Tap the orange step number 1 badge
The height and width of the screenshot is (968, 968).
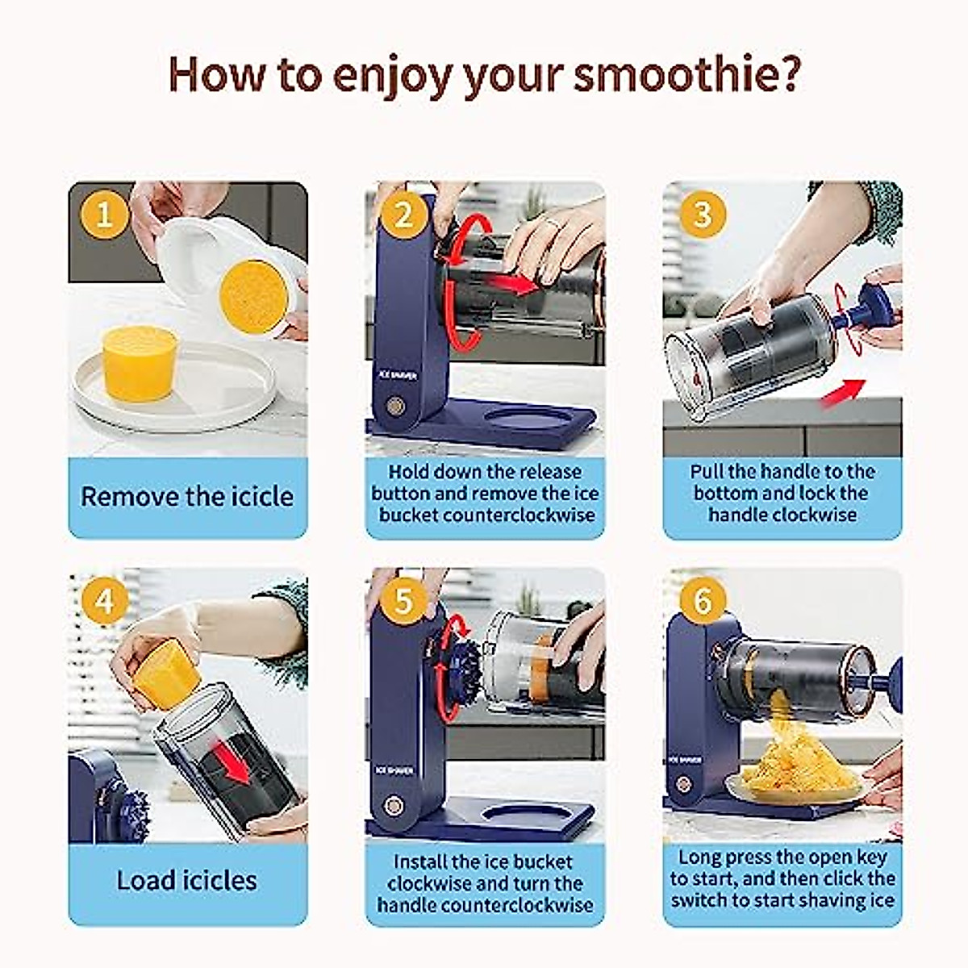tap(104, 215)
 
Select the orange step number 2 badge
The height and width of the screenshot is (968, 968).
tap(403, 215)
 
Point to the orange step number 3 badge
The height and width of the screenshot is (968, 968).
tap(703, 215)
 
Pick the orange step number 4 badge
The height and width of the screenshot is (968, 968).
tap(104, 601)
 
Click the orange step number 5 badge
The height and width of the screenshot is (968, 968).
tap(403, 601)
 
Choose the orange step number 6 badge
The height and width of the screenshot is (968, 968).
tap(703, 601)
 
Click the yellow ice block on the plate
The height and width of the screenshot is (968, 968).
tap(140, 363)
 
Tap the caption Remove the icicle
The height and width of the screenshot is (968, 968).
tap(187, 497)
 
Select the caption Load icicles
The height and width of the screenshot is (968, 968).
tap(187, 881)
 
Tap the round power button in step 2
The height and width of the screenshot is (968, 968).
tap(395, 404)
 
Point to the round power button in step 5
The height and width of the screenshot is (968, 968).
tap(394, 806)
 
